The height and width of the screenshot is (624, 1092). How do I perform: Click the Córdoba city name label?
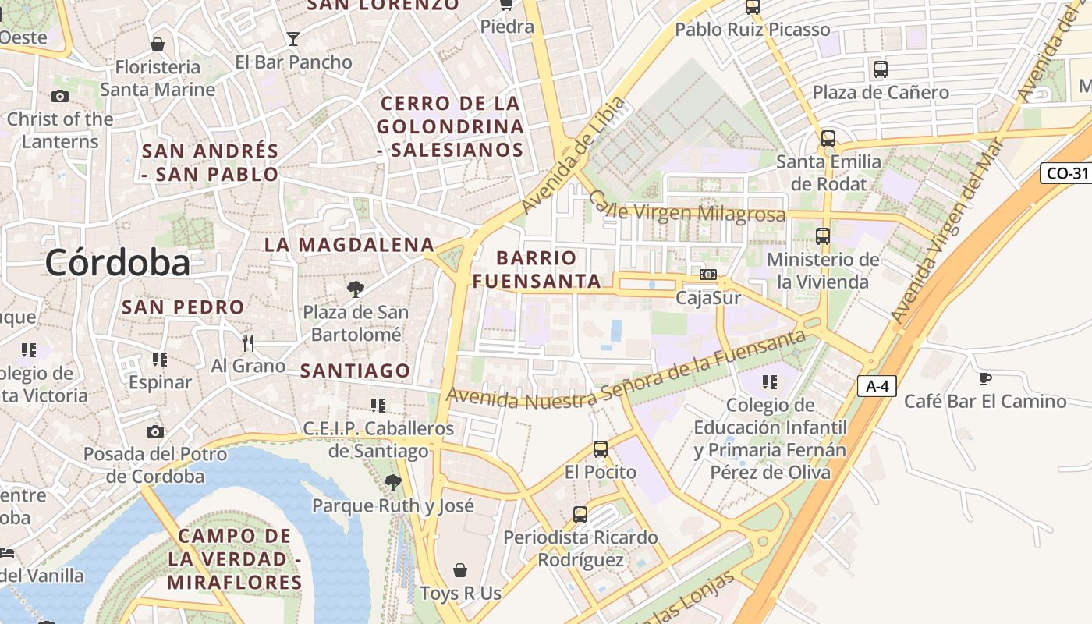pyautogui.click(x=117, y=262)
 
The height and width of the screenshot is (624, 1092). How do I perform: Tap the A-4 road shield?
pyautogui.click(x=877, y=385)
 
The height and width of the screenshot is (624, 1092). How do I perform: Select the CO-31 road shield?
pyautogui.click(x=1066, y=173)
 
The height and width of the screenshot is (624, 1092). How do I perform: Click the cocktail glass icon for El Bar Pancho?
pyautogui.click(x=292, y=38)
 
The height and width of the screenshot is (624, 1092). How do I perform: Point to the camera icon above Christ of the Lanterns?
pyautogui.click(x=59, y=97)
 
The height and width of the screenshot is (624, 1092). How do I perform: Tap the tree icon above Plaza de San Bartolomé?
pyautogui.click(x=355, y=289)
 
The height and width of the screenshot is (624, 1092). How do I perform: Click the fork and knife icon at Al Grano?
pyautogui.click(x=248, y=342)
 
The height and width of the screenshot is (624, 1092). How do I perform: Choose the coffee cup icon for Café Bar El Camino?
pyautogui.click(x=985, y=379)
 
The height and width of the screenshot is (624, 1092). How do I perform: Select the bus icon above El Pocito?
pyautogui.click(x=600, y=449)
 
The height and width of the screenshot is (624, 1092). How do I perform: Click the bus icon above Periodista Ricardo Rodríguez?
pyautogui.click(x=580, y=515)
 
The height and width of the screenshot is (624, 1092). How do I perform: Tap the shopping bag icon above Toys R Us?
pyautogui.click(x=460, y=570)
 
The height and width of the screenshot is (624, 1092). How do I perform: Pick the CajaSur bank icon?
pyautogui.click(x=708, y=275)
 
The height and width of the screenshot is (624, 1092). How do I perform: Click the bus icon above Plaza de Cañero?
pyautogui.click(x=881, y=69)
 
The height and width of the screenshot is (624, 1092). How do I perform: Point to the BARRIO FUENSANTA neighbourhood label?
pyautogui.click(x=537, y=269)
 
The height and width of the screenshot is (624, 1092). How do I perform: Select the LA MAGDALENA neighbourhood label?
pyautogui.click(x=349, y=244)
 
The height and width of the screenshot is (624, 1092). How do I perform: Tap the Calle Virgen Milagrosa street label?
pyautogui.click(x=686, y=208)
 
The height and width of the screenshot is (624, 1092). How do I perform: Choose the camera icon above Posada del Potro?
pyautogui.click(x=155, y=431)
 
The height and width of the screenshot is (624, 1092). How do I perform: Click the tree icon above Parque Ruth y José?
pyautogui.click(x=393, y=483)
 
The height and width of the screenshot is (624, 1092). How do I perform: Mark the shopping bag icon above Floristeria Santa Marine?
pyautogui.click(x=158, y=44)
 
